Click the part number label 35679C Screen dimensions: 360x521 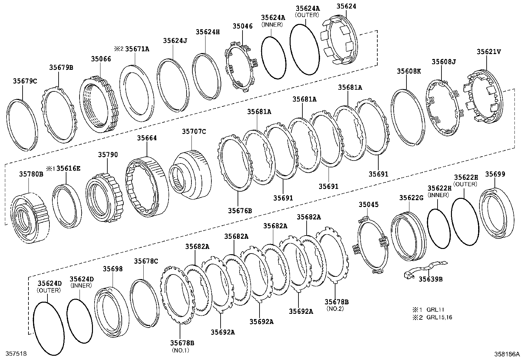point(25,81)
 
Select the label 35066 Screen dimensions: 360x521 point(101,59)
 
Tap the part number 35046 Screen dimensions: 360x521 point(243,26)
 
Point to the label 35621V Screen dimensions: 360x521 point(489,52)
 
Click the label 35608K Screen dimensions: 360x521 point(409,71)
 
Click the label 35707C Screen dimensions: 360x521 point(194,131)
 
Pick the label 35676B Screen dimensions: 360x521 point(240,211)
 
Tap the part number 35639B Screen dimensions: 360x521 point(430,279)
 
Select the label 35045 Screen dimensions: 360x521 point(368,204)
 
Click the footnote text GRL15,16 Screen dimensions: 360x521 point(439,317)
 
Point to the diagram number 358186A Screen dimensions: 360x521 point(507,354)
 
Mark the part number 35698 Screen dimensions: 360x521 point(113,269)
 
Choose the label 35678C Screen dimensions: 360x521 point(146,261)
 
